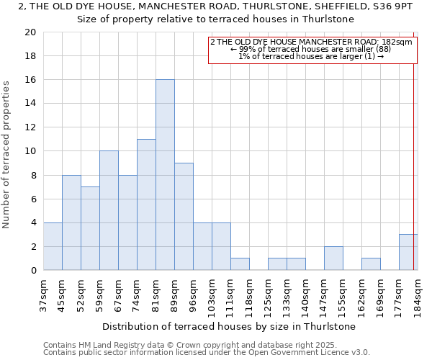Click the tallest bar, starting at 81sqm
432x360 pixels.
pos(165,175)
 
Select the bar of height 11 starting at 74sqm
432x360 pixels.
pos(146,204)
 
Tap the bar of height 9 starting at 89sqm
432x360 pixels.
pos(184,217)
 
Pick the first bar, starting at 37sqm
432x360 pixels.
pos(53,246)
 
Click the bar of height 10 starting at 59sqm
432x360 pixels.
pos(109,210)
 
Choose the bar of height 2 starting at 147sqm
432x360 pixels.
pos(333,258)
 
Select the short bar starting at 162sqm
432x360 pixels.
pos(371,264)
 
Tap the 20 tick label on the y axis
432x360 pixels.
pos(30,32)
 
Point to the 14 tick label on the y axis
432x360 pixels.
pos(30,104)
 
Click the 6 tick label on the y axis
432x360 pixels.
pos(33,199)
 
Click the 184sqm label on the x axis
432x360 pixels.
pos(418,296)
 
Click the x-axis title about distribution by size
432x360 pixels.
pos(229,326)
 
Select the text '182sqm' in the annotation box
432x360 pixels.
pos(397,42)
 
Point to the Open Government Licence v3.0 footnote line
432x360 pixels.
pos(206,352)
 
